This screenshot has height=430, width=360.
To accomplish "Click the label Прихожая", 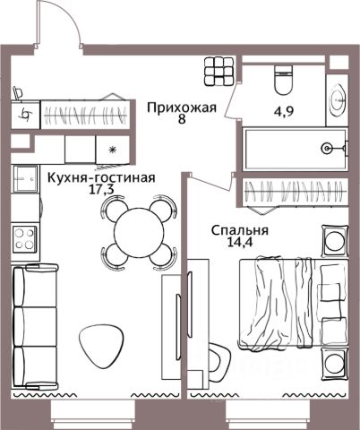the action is coord(182,107).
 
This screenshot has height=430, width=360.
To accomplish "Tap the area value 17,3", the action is coord(102,190).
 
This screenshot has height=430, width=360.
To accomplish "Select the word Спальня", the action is coord(240,230).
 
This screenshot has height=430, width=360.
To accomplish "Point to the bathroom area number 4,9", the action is coord(284,111).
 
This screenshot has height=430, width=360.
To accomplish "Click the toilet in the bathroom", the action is coord(283,79).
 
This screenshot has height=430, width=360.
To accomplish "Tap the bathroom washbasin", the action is coord(338,100).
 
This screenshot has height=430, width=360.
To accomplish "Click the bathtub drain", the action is coord(327,148).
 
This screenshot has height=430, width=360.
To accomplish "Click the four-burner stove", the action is coord(24,239).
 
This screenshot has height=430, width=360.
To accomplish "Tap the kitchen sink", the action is coord(26,178).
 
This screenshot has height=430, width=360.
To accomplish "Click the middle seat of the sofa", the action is coord(35,327).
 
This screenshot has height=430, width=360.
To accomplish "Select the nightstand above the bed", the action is coord(335,240).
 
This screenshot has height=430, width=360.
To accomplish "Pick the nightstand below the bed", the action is coord(335,364).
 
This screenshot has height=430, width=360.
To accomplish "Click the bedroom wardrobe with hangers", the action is coord(295,192).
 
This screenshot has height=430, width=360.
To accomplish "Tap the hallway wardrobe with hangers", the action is coord(85,115).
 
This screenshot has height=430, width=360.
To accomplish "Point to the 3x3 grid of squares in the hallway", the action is coord(219,71).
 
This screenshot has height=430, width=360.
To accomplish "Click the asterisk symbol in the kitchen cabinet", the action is coord(112,150).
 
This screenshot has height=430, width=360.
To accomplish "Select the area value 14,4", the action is coord(240,242).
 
